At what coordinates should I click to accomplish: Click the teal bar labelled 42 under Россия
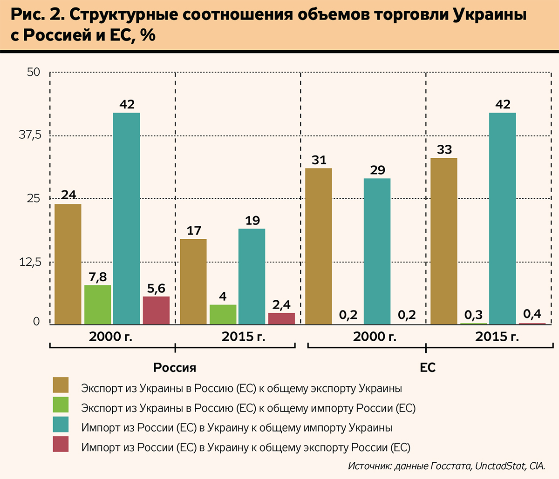tap(127, 218)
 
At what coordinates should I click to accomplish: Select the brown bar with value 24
tap(68, 264)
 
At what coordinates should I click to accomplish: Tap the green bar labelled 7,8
tap(98, 304)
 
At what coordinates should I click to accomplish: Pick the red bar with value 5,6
tap(156, 310)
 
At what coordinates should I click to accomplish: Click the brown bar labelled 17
tap(193, 282)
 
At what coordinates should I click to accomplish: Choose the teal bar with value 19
tap(252, 277)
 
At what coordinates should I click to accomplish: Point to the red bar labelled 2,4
tap(281, 318)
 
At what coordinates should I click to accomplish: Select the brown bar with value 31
tap(319, 246)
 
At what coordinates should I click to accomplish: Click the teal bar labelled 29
tap(377, 251)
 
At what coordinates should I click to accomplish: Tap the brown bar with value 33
tap(444, 241)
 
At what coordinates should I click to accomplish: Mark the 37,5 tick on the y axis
tap(30, 135)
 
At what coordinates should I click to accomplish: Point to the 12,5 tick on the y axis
tap(30, 263)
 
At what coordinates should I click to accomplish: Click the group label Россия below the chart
tap(175, 368)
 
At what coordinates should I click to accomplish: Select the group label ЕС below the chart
tap(428, 368)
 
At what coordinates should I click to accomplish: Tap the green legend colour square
tap(61, 405)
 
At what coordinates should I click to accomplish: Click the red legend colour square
tap(61, 444)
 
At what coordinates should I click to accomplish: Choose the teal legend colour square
tap(61, 425)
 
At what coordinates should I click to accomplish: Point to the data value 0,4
tap(532, 314)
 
